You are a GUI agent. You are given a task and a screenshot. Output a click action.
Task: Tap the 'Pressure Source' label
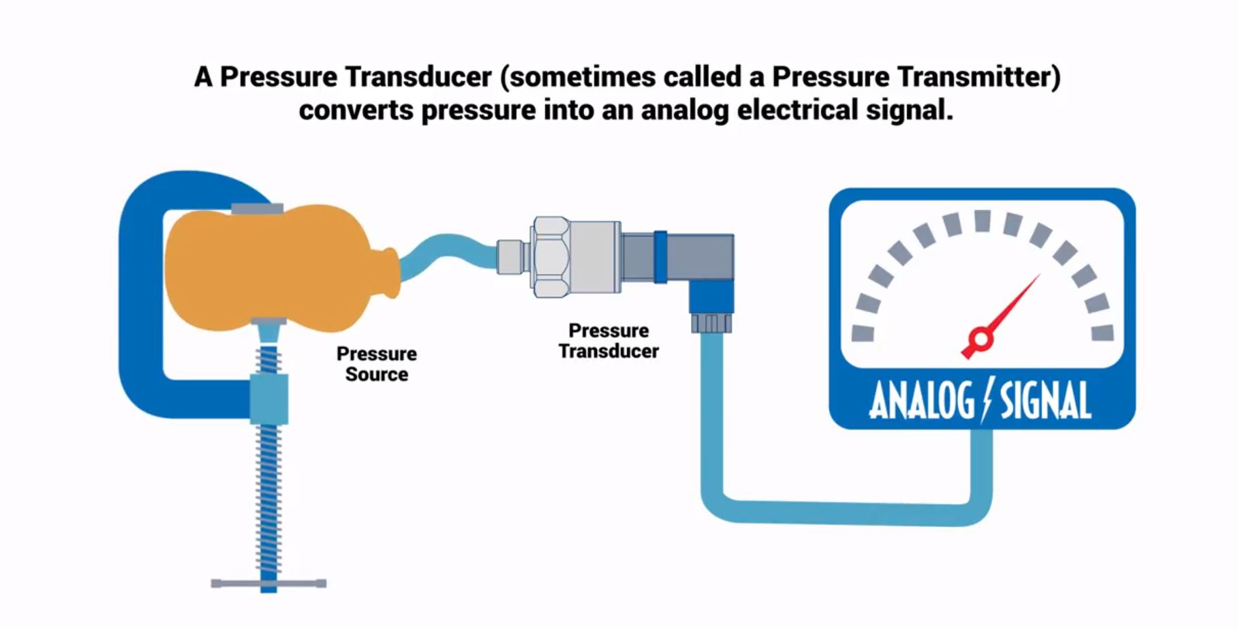(376, 364)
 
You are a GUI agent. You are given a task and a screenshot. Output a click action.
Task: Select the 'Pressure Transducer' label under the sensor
(608, 341)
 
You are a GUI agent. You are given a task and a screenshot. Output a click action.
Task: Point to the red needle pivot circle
(980, 339)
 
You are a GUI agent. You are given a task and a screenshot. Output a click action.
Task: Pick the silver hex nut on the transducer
(551, 257)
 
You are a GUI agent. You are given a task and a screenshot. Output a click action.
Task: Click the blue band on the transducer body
(660, 257)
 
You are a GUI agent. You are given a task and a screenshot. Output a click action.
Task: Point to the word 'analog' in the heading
(685, 110)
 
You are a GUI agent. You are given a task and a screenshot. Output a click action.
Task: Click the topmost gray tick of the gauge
(982, 221)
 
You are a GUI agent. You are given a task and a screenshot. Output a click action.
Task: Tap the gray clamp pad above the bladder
(257, 209)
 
